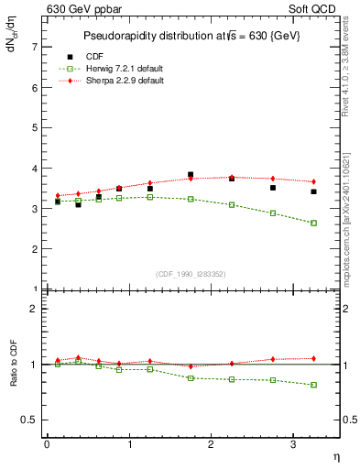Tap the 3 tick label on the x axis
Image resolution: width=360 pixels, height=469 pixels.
[x=292, y=444]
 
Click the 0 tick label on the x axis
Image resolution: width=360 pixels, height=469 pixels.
[x=47, y=444]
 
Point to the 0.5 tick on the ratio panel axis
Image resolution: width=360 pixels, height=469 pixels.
[x=30, y=420]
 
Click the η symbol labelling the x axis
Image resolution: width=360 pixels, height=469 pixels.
[x=335, y=455]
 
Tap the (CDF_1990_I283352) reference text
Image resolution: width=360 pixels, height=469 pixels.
[x=192, y=272]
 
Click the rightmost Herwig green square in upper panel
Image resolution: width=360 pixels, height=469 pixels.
[x=313, y=223]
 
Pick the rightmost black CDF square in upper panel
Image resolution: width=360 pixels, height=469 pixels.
[x=313, y=191]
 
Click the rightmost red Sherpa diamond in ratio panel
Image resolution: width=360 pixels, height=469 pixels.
[x=313, y=358]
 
